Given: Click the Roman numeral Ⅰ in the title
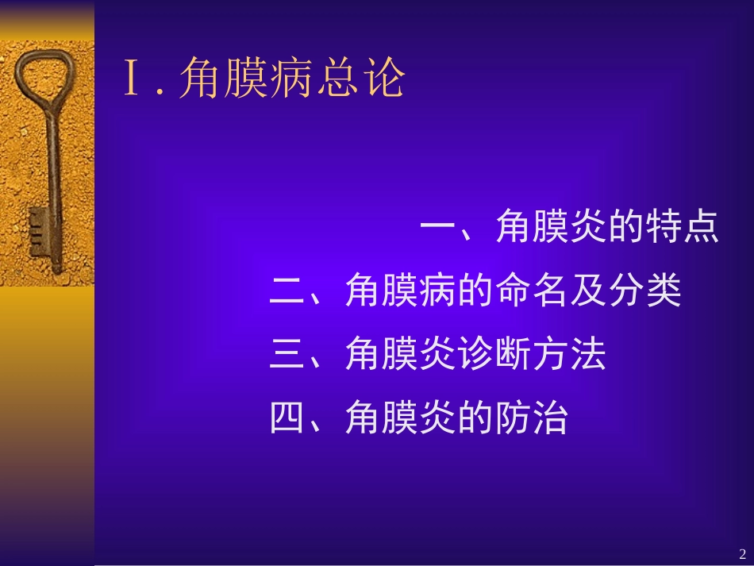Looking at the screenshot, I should pyautogui.click(x=133, y=80).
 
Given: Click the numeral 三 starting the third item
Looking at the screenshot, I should pyautogui.click(x=288, y=356).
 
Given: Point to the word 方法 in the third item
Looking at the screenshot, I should pyautogui.click(x=569, y=356).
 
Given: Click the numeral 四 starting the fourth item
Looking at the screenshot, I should pyautogui.click(x=288, y=418).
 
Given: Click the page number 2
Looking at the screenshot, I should pyautogui.click(x=742, y=553).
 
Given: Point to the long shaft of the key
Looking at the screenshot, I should pyautogui.click(x=54, y=175).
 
